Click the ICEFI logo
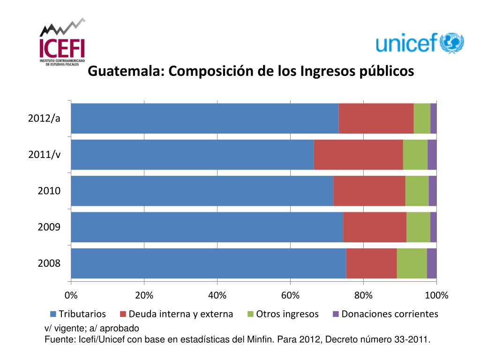62,43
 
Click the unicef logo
420,43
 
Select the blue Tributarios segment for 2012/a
204,118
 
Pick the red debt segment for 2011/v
358,155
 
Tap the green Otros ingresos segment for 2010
417,191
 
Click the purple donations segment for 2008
432,263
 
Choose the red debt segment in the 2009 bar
375,227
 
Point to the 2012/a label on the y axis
44,118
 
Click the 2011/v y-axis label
44,155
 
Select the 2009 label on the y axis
49,227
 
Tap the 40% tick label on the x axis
217,295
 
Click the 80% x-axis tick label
363,295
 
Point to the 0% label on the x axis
71,295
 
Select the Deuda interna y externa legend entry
180,314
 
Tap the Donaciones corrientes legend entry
390,314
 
